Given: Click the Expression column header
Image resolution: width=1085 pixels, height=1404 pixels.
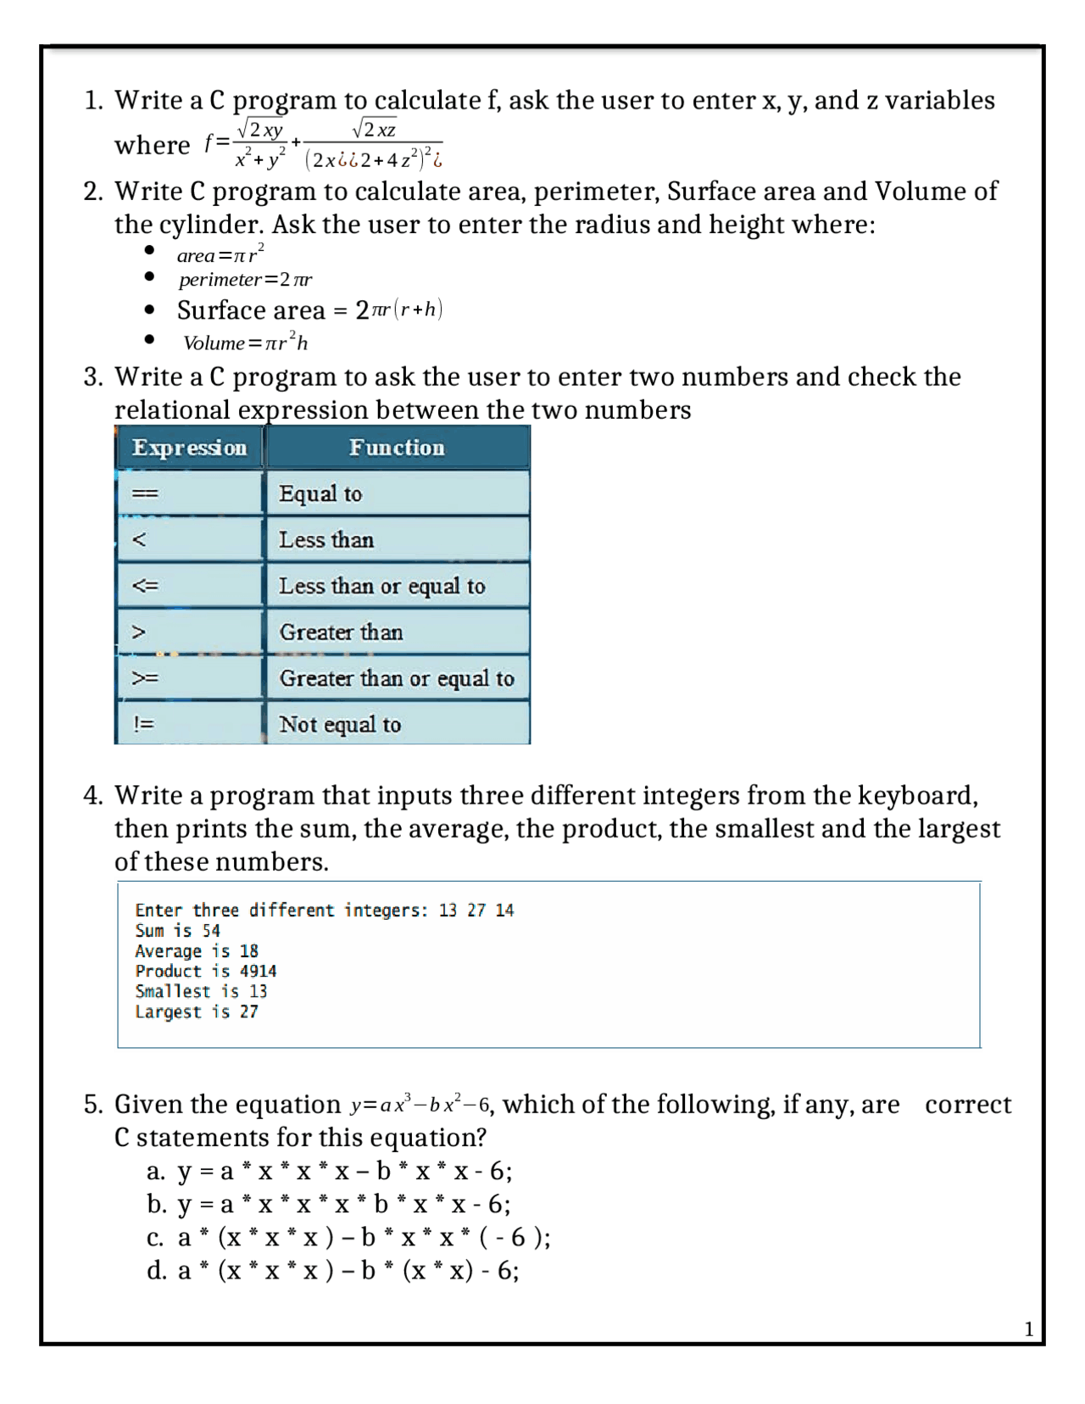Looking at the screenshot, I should click(189, 448).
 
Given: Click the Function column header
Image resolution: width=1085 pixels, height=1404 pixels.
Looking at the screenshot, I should click(397, 448).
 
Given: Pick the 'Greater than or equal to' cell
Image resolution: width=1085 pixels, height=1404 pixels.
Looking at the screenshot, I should click(397, 678).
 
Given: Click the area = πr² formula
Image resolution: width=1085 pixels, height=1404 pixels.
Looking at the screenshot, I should click(220, 254).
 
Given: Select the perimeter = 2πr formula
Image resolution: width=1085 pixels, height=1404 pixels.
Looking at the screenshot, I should click(245, 280).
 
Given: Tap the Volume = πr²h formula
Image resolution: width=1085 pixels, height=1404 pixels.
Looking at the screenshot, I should click(245, 343).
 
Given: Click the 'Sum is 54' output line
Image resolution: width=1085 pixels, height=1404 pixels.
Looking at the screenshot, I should click(177, 931).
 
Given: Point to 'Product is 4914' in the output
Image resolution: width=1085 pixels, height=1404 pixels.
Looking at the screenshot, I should click(205, 972).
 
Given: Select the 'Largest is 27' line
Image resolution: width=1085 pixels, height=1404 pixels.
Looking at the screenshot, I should click(196, 1011).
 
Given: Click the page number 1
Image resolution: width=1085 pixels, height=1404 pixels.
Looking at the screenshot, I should click(1029, 1329).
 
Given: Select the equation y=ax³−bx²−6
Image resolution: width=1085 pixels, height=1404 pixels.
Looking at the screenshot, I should click(420, 1105).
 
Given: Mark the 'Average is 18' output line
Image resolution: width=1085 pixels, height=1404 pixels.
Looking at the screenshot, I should click(196, 951).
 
